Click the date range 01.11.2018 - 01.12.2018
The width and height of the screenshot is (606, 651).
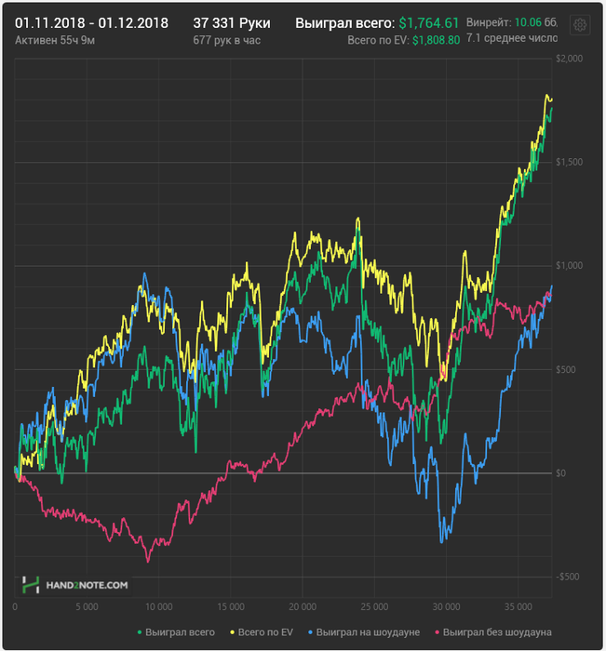tap(91, 22)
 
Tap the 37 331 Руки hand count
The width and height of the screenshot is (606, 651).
tap(231, 22)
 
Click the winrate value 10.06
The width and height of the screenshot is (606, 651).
tap(527, 21)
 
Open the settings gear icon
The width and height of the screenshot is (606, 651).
tap(579, 25)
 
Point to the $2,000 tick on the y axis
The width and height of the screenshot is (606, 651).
tap(569, 59)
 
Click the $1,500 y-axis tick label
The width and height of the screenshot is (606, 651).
tap(569, 162)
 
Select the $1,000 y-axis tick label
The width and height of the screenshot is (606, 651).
tap(569, 266)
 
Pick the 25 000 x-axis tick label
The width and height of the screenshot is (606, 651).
tap(373, 606)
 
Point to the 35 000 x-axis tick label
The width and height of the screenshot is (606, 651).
tap(517, 606)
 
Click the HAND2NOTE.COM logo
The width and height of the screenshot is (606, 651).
tap(75, 585)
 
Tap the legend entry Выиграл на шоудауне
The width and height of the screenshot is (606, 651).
tap(369, 632)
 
